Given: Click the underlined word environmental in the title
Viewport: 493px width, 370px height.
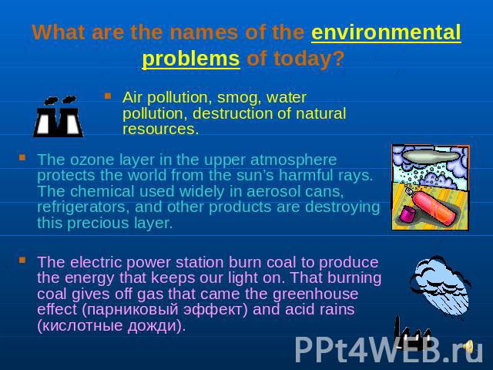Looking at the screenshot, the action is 386,32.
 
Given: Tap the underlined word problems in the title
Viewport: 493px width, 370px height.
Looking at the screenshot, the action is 191,59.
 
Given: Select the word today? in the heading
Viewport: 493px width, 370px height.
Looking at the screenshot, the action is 309,59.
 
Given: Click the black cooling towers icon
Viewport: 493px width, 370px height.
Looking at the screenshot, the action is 59,116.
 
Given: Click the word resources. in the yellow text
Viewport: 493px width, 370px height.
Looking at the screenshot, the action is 161,129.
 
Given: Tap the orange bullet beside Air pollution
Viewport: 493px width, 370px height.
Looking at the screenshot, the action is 108,96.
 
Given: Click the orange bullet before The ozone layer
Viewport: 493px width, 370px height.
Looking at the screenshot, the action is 22,157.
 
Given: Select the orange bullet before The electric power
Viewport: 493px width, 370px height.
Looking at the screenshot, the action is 22,260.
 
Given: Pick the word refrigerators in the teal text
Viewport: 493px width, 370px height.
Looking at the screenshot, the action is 83,207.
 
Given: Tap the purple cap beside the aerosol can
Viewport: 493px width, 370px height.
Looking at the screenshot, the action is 407,214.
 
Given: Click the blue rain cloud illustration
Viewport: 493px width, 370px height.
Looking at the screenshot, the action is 440,285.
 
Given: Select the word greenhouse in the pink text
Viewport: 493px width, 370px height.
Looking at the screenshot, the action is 315,294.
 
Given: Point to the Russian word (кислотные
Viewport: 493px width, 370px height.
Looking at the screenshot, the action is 80,325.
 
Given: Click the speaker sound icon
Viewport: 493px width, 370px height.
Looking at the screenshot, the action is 468,346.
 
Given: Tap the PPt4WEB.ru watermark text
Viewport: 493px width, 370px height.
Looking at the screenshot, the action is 388,349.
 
